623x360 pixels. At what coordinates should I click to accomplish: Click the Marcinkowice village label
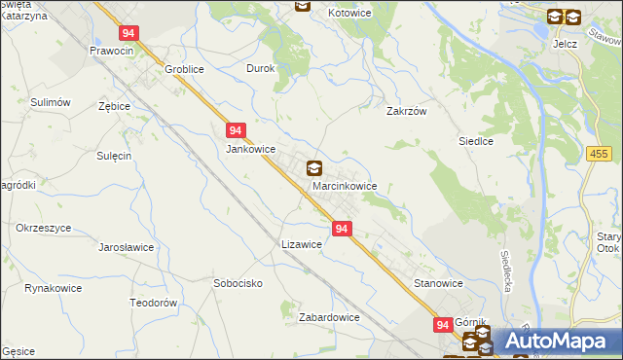[344, 186]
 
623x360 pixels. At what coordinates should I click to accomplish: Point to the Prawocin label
[110, 50]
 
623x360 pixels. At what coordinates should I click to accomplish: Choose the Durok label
[261, 69]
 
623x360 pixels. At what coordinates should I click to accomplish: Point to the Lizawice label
[301, 244]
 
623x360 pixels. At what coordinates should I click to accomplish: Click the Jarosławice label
[127, 247]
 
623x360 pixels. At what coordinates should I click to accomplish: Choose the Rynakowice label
[53, 288]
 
